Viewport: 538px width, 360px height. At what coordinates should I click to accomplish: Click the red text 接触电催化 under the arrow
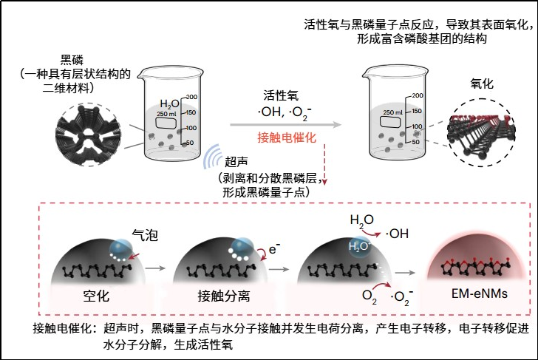pos(287,138)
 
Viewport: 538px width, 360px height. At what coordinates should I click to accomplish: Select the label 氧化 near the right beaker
pos(483,85)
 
